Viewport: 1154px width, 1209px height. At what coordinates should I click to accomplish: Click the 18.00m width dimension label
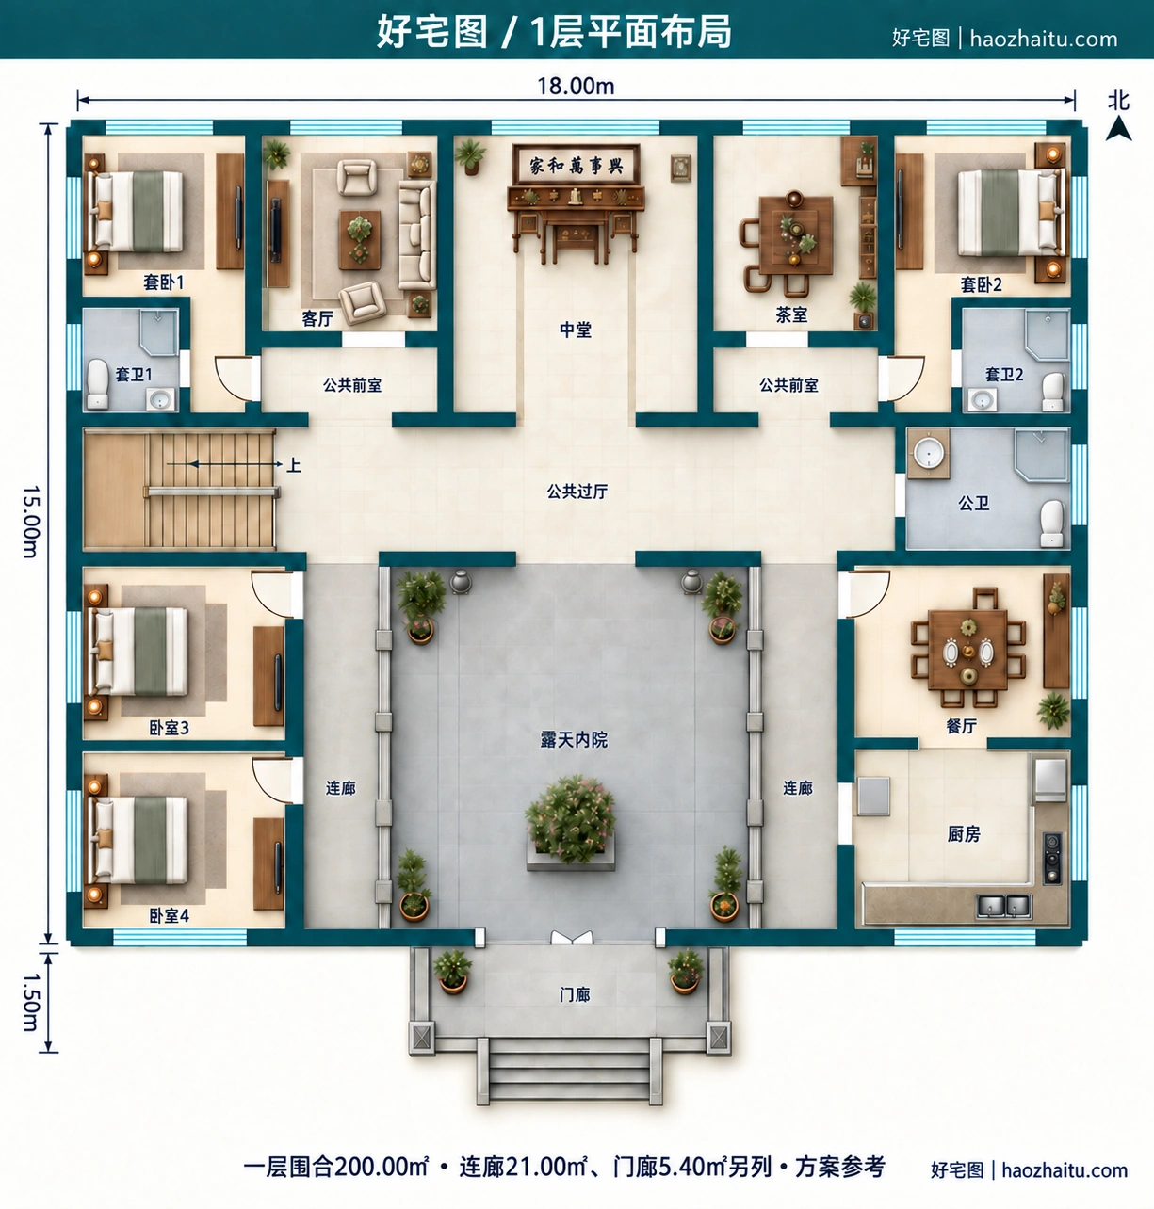[x=576, y=86]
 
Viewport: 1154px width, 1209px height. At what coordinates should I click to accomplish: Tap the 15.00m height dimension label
[x=31, y=522]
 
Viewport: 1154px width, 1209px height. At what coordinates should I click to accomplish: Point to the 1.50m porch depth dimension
[x=31, y=1002]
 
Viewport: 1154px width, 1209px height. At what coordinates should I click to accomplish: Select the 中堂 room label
[x=576, y=330]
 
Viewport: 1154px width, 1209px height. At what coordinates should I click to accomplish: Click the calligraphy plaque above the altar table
[x=577, y=165]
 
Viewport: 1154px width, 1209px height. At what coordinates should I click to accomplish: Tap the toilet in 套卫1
[x=97, y=384]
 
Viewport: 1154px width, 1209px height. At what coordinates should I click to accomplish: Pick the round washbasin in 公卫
[x=929, y=453]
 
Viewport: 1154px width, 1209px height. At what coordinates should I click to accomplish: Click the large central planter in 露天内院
[x=571, y=823]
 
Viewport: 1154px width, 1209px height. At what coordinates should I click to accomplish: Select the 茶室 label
[x=791, y=315]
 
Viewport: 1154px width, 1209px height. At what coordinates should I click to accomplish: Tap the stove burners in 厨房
[x=1052, y=859]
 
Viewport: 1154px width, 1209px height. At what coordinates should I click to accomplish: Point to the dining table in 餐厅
[x=968, y=650]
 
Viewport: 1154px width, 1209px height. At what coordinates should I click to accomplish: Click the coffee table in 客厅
[x=360, y=239]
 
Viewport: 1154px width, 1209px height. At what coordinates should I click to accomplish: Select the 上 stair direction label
[x=294, y=465]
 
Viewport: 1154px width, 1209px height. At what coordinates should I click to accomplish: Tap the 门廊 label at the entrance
[x=575, y=994]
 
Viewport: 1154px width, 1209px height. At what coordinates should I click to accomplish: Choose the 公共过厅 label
[x=577, y=492]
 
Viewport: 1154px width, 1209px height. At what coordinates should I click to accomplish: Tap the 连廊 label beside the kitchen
[x=798, y=788]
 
